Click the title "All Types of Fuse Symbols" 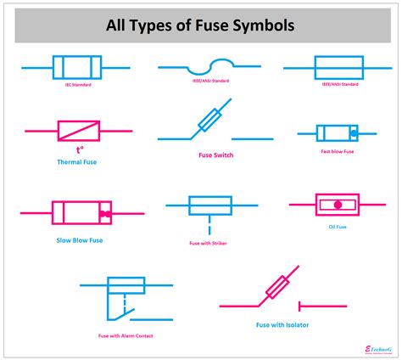(x=200, y=25)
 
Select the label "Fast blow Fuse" (x=338, y=152)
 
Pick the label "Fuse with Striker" (x=208, y=244)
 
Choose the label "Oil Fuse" (x=338, y=225)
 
